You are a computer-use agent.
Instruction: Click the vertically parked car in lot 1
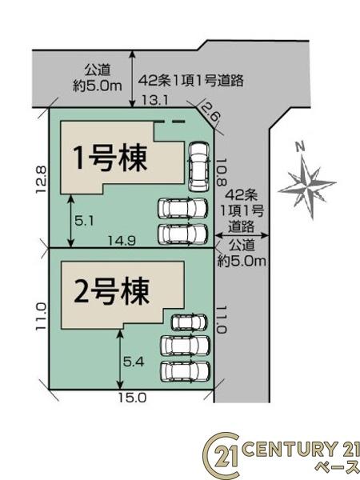click(198, 165)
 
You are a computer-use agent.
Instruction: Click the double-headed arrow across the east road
click(243, 234)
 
